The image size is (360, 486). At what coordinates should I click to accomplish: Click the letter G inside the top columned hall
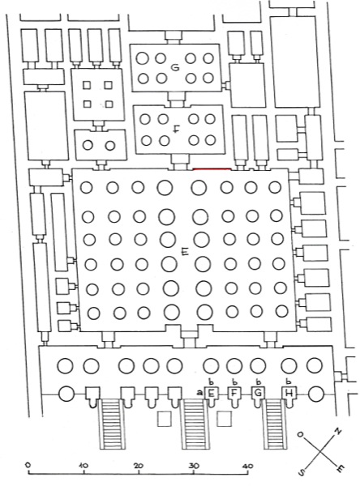click(176, 67)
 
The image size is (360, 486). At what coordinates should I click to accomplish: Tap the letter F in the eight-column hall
click(176, 130)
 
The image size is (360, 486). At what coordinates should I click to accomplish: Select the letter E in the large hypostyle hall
click(186, 253)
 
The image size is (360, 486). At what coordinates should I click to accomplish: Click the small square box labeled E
click(212, 393)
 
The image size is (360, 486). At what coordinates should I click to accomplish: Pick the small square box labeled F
click(234, 393)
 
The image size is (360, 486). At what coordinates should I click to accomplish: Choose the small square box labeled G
click(258, 393)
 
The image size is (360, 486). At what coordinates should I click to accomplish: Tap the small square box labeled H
click(289, 393)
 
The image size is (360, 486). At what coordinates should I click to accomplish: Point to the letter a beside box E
click(200, 393)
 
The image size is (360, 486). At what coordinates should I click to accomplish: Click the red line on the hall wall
click(212, 169)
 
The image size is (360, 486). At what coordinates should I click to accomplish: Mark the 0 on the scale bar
click(28, 465)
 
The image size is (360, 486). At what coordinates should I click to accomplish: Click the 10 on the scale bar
click(84, 465)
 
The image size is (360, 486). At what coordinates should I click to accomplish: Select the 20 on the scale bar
click(139, 466)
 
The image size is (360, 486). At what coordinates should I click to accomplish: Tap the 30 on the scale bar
click(194, 466)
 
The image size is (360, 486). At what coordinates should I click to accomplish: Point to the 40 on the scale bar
click(248, 466)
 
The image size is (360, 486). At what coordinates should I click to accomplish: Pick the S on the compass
click(302, 471)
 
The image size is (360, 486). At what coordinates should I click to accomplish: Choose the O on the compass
click(301, 434)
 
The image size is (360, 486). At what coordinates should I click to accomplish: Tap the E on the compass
click(340, 470)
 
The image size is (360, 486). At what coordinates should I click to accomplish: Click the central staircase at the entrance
click(194, 424)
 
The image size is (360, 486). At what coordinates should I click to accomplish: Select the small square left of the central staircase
click(164, 419)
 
